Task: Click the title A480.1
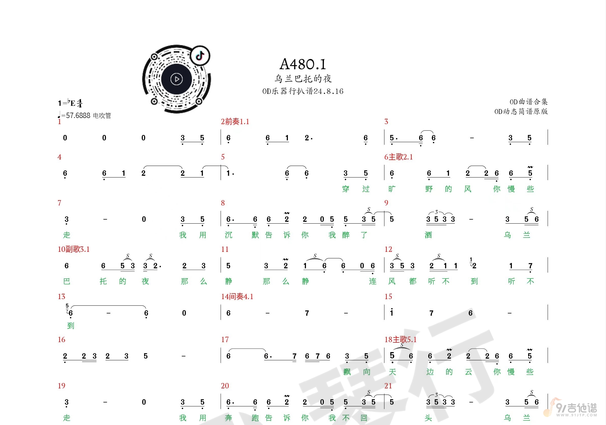(303, 64)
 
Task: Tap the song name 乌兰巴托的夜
(303, 79)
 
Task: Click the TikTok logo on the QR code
(200, 56)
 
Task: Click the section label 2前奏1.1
(235, 122)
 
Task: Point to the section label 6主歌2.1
(398, 157)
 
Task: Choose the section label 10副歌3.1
(74, 249)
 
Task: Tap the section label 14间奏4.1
(237, 297)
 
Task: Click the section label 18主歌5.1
(400, 340)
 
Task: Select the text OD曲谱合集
(528, 102)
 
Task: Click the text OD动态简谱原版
(521, 112)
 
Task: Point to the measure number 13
(62, 297)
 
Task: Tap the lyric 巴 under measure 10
(67, 281)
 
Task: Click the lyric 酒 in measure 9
(428, 235)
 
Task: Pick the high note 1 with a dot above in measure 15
(392, 312)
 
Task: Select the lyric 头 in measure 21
(428, 418)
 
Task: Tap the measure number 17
(225, 340)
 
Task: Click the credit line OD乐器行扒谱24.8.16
(303, 91)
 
